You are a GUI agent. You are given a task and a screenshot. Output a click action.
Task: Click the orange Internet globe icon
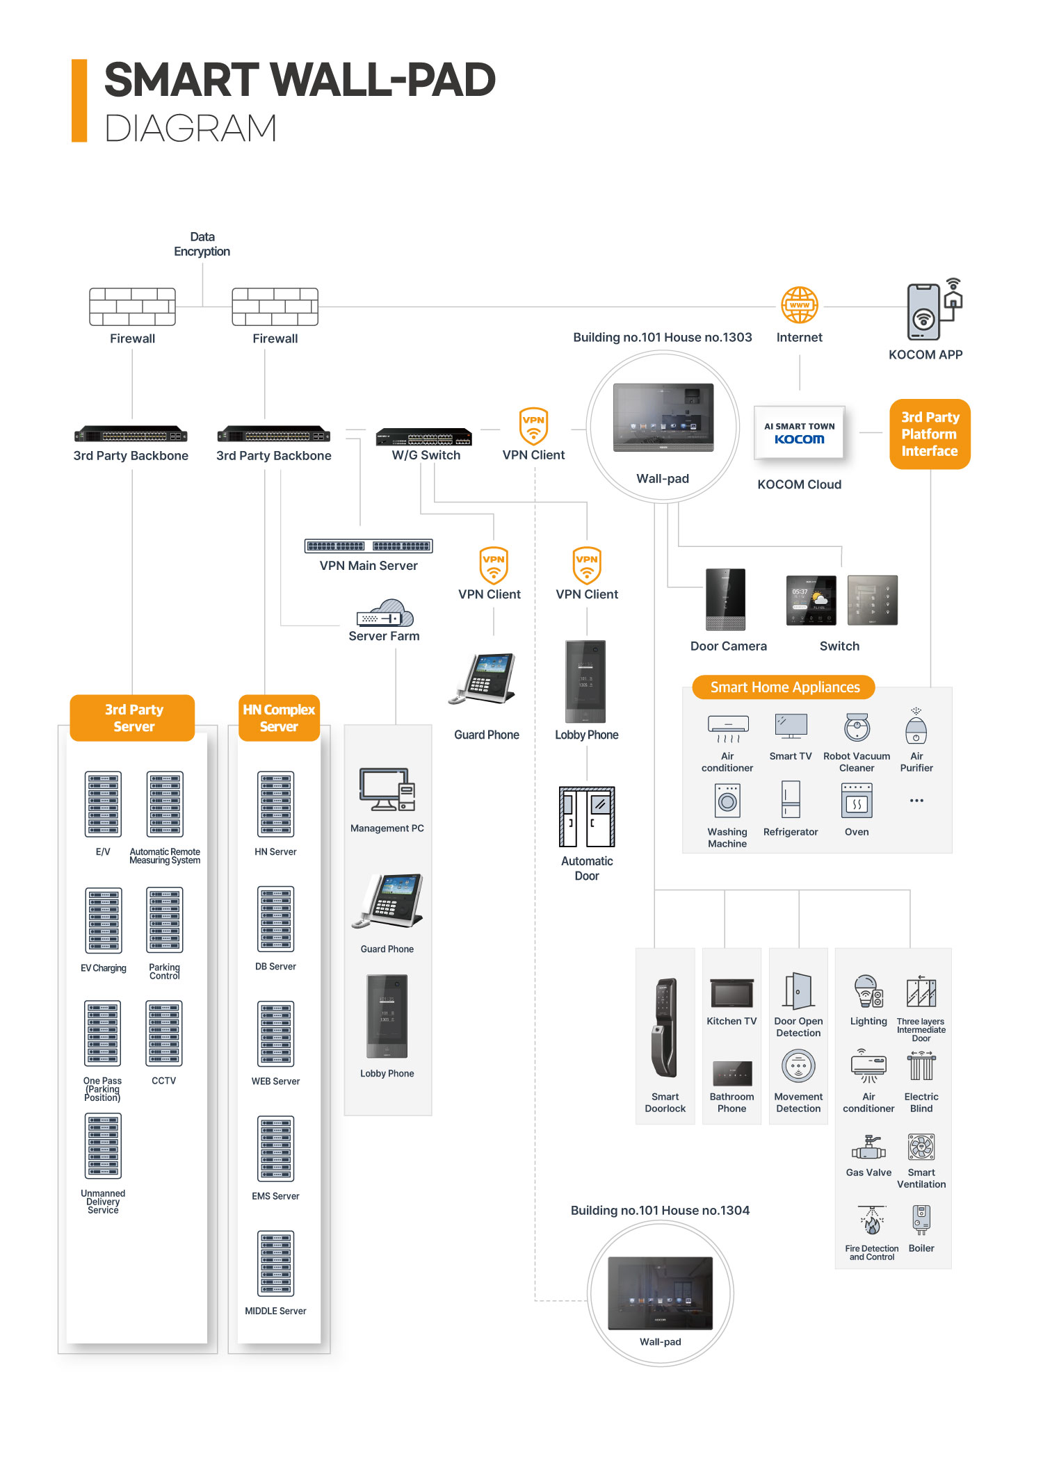800,305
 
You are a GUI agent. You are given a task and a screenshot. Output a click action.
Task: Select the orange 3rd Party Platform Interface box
930,434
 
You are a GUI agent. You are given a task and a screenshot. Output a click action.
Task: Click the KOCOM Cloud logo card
800,433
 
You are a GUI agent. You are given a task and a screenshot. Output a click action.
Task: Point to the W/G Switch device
423,438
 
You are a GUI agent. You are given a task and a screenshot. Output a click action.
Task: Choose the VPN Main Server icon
369,546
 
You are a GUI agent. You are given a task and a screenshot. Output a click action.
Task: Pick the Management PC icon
387,790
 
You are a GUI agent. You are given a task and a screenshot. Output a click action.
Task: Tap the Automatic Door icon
587,816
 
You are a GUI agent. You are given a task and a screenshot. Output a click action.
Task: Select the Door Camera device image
725,599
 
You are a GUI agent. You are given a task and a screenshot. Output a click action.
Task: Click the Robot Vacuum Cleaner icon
857,728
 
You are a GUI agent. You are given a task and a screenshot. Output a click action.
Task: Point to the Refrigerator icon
791,799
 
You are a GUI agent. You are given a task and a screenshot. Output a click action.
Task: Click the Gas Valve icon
868,1147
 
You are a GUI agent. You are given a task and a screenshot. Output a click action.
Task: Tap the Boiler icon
921,1219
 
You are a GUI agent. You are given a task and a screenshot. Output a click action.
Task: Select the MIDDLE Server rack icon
276,1264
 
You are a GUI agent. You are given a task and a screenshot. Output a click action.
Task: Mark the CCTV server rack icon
164,1033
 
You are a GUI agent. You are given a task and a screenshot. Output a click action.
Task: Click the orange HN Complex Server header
279,718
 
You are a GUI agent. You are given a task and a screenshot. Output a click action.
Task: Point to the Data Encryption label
202,244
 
